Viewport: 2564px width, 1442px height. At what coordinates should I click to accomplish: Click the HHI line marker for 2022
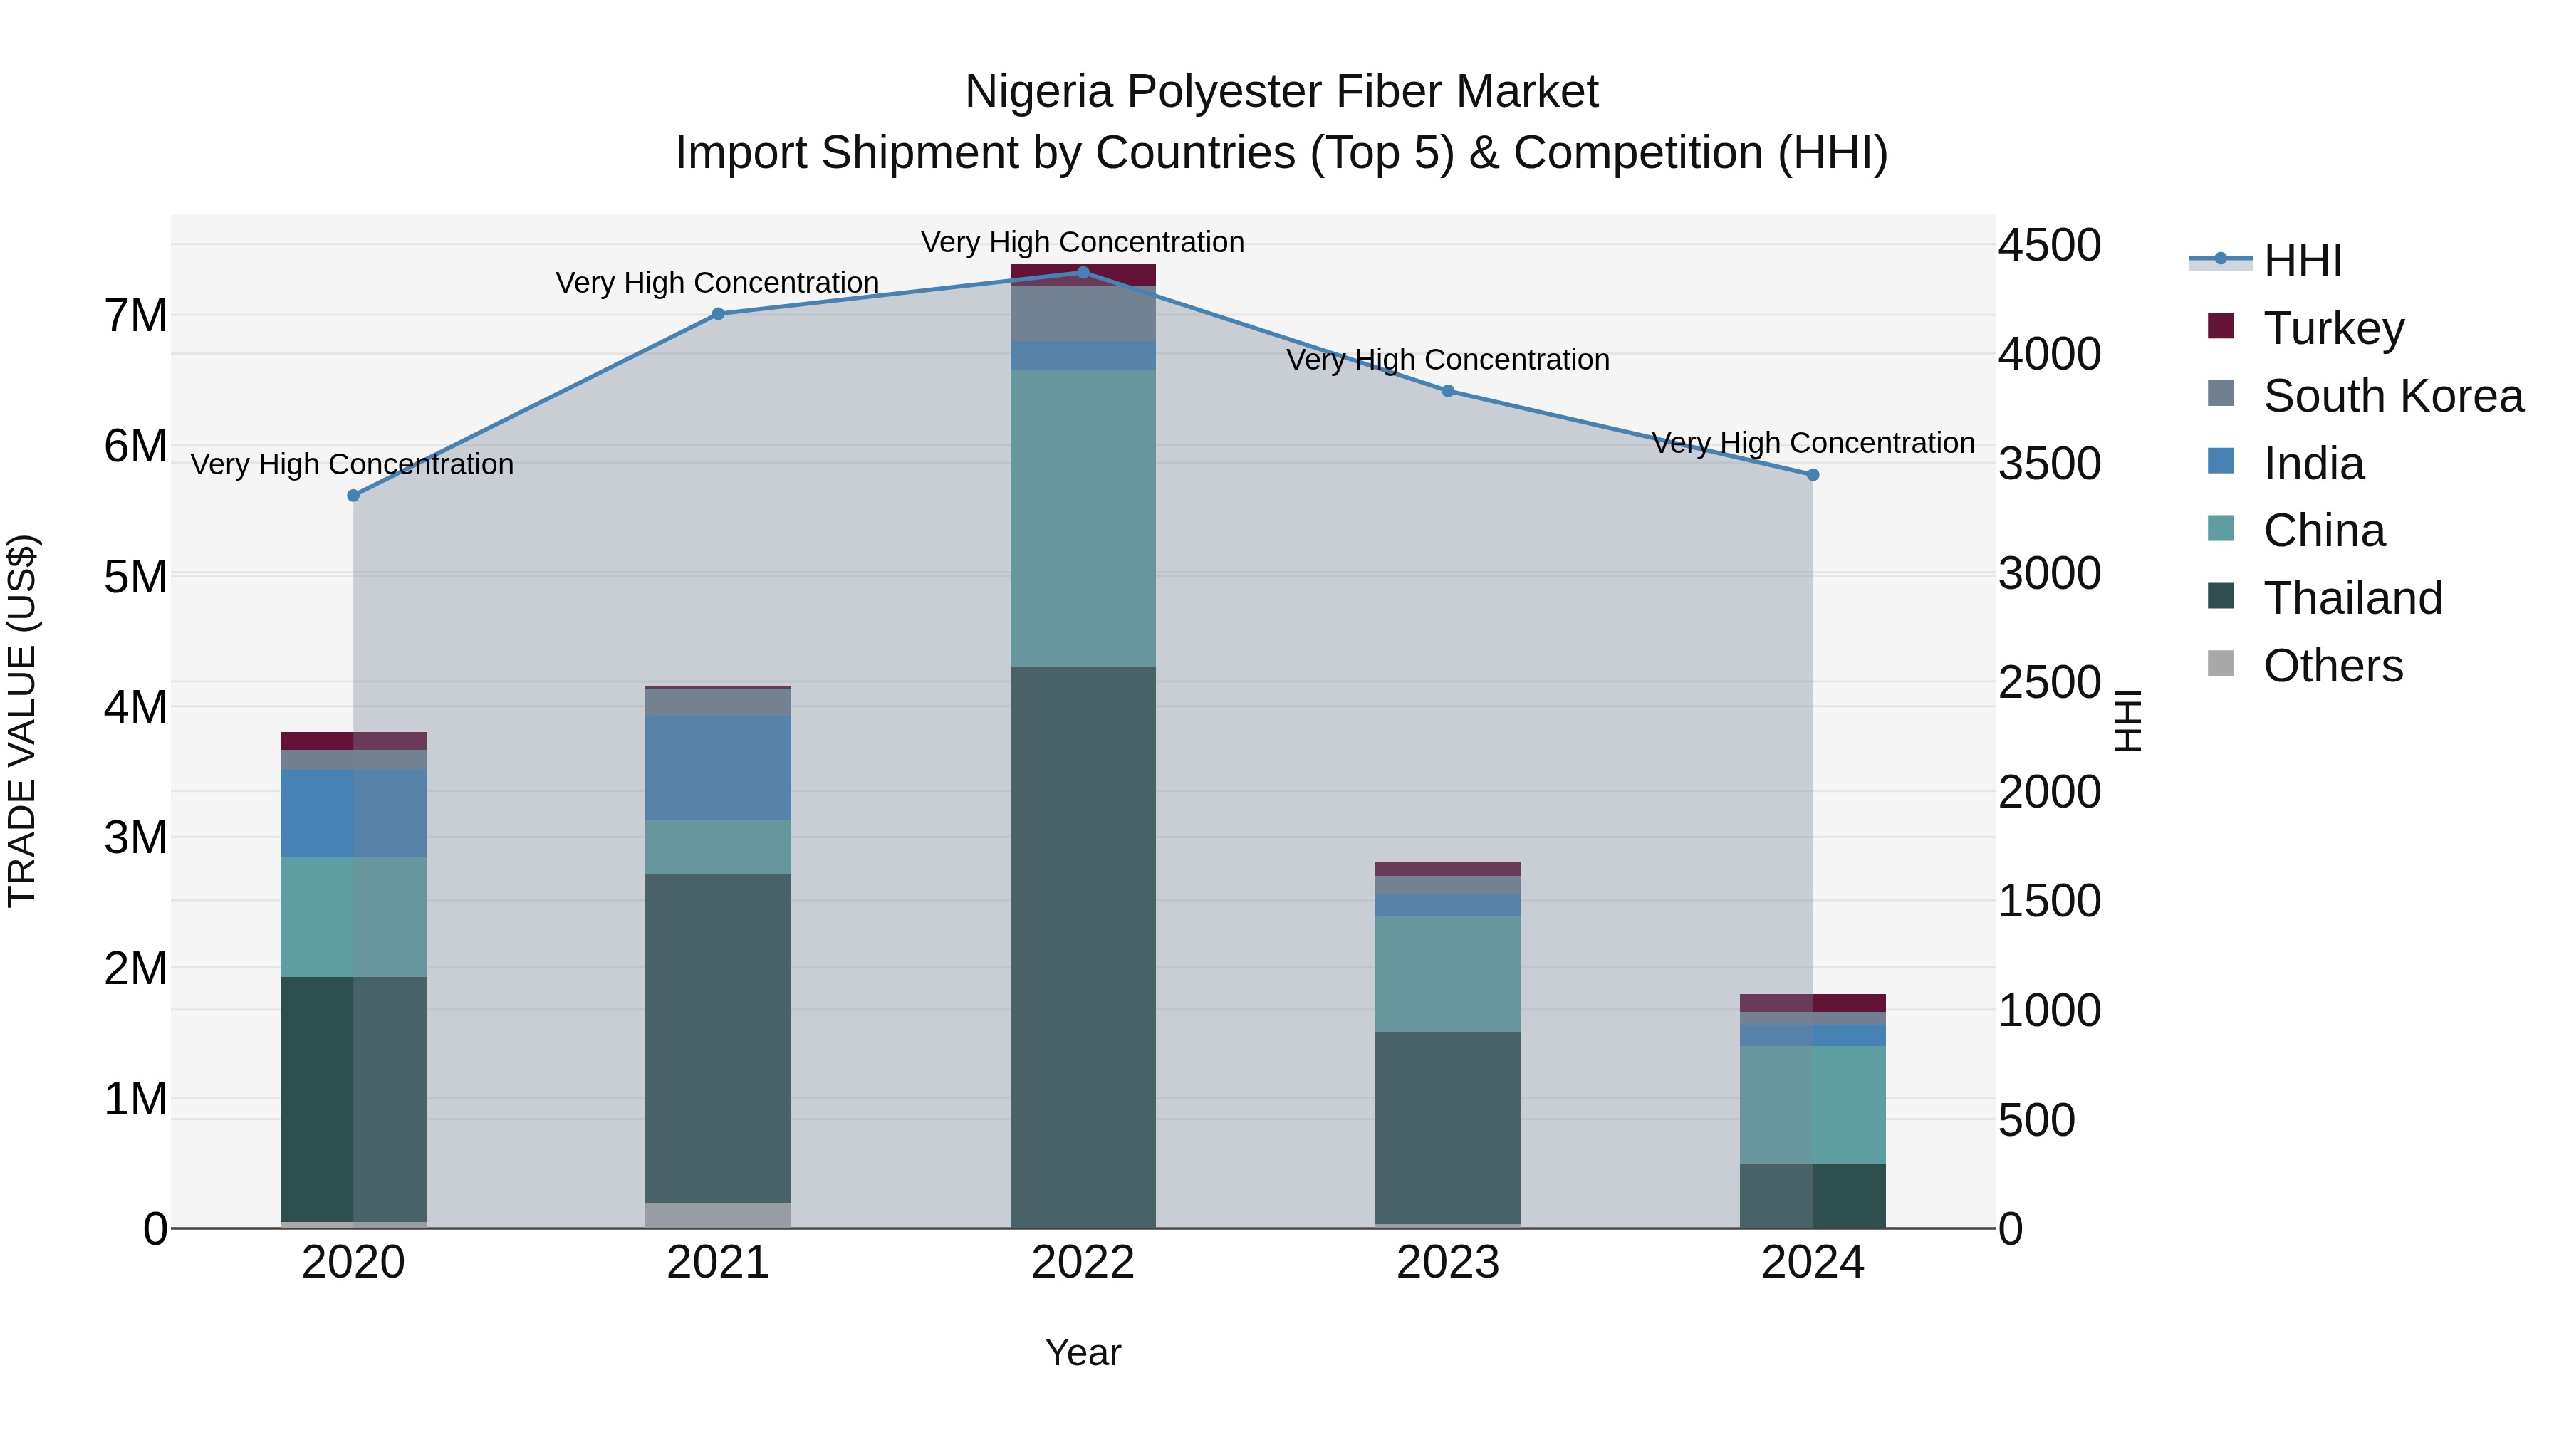pos(1083,272)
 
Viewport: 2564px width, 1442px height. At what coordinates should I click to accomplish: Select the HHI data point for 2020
pos(353,496)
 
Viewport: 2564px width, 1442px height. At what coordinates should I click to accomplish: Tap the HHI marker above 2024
pos(1813,475)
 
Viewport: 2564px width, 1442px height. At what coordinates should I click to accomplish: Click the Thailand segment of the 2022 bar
pos(1083,946)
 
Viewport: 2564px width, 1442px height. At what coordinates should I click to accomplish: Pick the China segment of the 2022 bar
pos(1083,518)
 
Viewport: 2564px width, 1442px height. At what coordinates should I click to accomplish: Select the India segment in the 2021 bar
pos(718,767)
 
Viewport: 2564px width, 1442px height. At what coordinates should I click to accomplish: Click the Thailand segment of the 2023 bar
pos(1447,1127)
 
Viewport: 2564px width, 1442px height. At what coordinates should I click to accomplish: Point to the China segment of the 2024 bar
pos(1813,1104)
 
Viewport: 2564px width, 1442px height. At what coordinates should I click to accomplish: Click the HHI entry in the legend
pos(2301,261)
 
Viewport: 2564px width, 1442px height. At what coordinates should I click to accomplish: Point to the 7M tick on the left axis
pos(135,316)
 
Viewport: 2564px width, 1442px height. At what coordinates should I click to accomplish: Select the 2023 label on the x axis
pos(1447,1263)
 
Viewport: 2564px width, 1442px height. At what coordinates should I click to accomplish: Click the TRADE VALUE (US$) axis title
pos(22,721)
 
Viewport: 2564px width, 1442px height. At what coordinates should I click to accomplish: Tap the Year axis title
pos(1083,1352)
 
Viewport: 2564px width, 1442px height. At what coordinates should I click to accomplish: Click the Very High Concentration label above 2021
pos(716,283)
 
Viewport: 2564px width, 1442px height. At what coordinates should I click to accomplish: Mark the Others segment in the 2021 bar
pos(718,1215)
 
